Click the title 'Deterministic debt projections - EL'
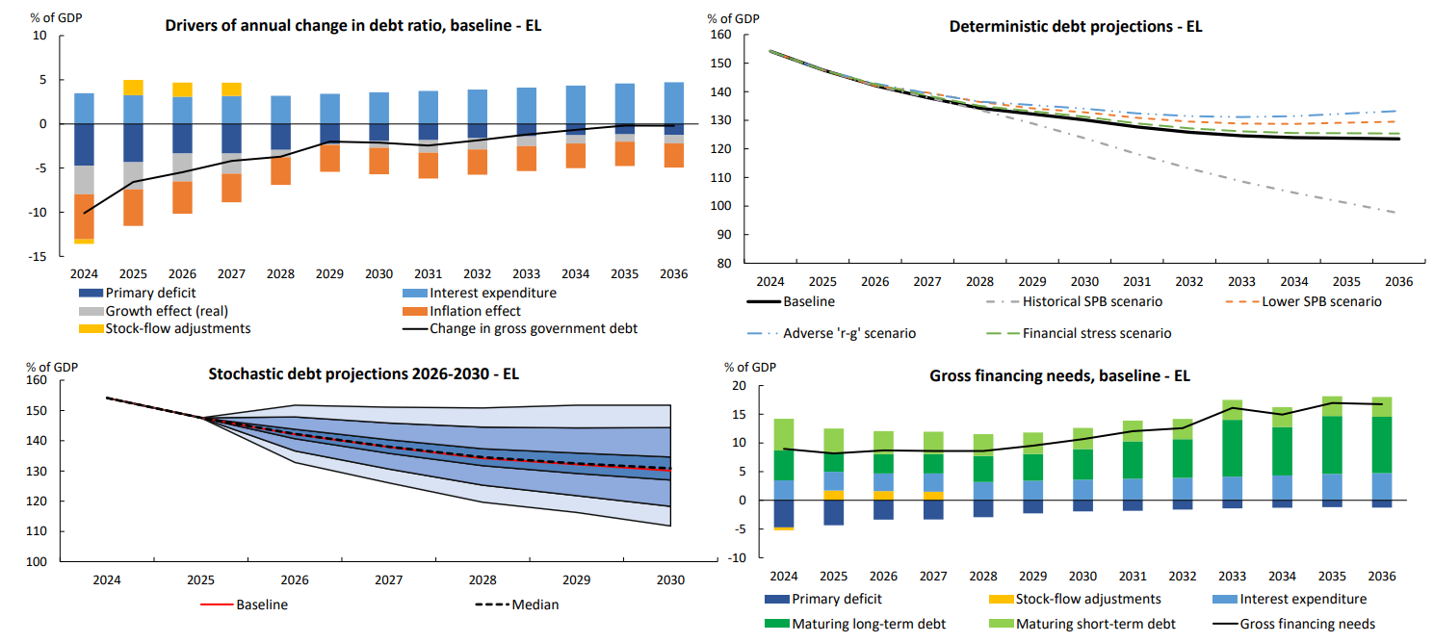1076,27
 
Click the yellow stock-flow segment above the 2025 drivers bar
133,88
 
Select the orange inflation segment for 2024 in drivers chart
85,216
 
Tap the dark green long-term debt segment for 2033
1232,448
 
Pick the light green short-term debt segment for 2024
784,434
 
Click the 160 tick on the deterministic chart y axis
719,36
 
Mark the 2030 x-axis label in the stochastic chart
670,580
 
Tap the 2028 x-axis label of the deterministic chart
978,281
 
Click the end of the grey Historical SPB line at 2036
1397,213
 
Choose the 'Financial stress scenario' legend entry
1097,333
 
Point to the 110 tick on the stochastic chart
39,531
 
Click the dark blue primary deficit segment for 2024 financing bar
784,513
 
